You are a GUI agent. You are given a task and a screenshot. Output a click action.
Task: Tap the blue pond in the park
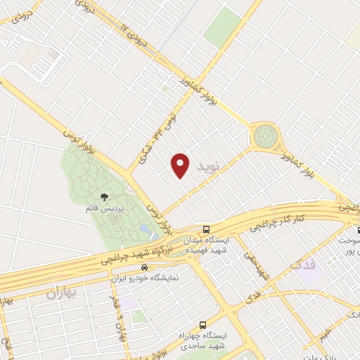(144, 229)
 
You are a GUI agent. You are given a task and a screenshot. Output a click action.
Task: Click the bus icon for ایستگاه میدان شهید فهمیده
(206, 229)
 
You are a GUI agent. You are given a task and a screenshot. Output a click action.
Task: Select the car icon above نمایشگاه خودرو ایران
(144, 267)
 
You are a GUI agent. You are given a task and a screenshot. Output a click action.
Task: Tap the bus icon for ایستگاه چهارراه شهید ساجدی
(203, 325)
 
